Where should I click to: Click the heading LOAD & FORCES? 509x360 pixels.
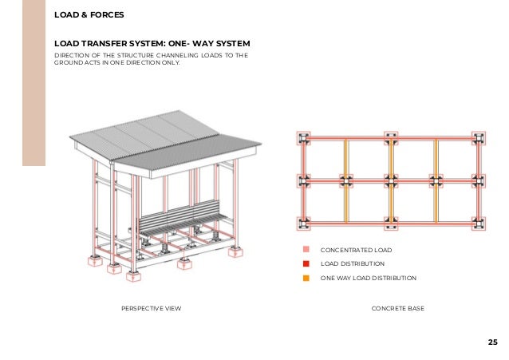coord(89,14)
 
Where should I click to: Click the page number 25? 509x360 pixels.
coord(491,342)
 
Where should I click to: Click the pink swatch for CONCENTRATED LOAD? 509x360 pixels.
coord(306,250)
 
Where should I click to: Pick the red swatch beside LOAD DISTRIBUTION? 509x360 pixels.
coord(306,263)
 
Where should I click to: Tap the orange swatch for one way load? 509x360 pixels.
coord(306,278)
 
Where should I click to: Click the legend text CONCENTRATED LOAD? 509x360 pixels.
coord(356,250)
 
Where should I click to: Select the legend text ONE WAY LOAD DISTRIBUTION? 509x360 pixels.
coord(368,278)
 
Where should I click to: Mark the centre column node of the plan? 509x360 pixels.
coord(390,181)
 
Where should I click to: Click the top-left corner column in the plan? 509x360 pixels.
coord(302,138)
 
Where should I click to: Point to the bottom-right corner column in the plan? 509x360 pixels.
coord(478,224)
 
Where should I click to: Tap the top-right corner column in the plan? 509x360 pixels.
coord(478,138)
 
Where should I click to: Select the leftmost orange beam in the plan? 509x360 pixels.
coord(346,181)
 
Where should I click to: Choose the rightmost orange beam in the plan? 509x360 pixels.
coord(435,181)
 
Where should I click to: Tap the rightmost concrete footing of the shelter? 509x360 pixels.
coord(236,251)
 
